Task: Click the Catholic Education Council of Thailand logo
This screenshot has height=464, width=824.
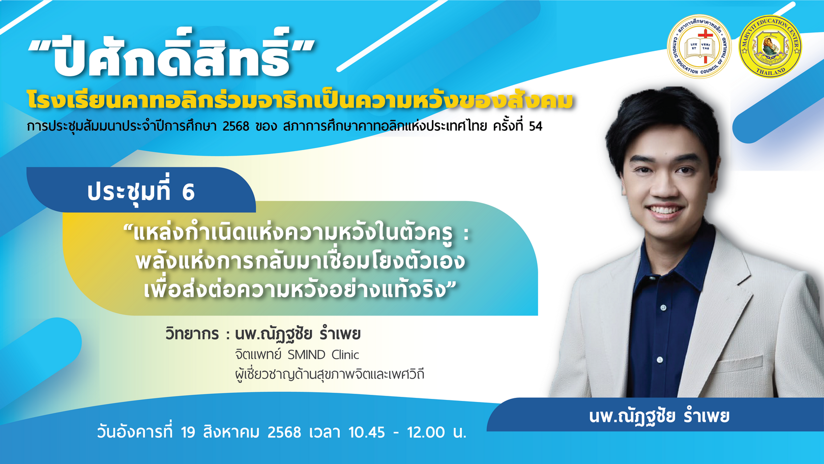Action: (699, 46)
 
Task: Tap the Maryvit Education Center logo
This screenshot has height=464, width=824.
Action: (770, 46)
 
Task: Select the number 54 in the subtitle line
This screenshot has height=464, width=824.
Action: (535, 126)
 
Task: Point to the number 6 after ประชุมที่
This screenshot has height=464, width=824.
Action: (188, 192)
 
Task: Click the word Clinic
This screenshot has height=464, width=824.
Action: (345, 355)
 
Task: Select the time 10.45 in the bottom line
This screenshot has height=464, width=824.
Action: (366, 432)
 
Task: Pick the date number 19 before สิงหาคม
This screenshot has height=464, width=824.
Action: (188, 432)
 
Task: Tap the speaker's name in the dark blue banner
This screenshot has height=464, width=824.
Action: (659, 416)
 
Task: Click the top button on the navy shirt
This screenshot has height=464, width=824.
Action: (663, 307)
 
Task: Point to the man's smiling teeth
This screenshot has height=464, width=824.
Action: (665, 211)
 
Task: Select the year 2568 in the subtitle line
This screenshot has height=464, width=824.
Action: (236, 126)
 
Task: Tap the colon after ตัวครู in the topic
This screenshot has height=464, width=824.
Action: (466, 234)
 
